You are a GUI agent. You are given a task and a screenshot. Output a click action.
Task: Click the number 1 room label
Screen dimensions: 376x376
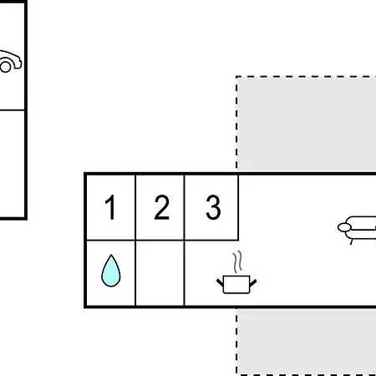110,207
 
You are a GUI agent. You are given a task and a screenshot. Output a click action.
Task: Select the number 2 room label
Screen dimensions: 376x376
162,207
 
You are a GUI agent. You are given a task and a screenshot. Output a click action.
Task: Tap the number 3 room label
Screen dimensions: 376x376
213,207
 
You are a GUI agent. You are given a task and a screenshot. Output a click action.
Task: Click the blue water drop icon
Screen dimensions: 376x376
111,271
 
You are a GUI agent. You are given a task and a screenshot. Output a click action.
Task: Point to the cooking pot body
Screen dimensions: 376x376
236,284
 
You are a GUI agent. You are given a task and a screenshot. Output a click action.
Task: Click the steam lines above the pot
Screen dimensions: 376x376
237,262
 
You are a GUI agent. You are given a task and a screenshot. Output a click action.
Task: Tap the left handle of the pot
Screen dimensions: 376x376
220,282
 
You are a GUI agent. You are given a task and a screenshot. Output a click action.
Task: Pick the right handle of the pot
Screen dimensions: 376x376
253,283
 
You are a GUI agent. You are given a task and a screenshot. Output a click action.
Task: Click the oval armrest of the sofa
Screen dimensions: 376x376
344,227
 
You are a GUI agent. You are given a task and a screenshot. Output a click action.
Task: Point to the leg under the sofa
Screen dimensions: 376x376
351,242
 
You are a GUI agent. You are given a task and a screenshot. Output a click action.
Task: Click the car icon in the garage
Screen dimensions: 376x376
10,62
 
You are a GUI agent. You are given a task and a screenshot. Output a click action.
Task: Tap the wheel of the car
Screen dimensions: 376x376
6,67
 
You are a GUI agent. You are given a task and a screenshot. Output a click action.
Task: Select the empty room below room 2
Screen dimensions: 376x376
160,272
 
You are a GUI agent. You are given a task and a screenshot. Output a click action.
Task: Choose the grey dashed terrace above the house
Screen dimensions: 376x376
306,124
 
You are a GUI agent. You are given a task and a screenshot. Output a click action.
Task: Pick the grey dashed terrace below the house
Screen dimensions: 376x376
306,342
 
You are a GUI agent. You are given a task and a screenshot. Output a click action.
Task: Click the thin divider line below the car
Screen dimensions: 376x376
13,110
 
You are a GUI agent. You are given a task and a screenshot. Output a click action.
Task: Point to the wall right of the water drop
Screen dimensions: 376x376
135,273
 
